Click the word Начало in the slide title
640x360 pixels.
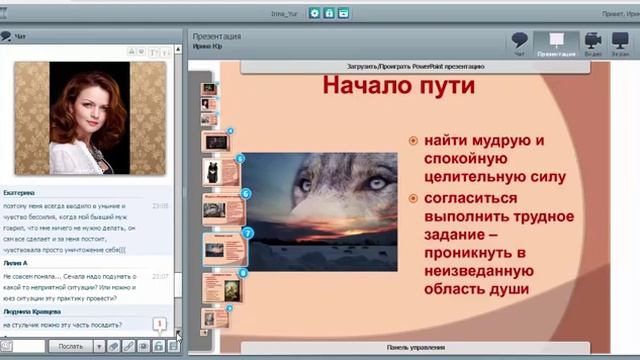[366, 86]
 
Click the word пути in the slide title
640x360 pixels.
[444, 86]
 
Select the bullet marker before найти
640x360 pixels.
[413, 141]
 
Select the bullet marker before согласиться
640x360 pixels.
[413, 199]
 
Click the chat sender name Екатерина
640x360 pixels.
[19, 193]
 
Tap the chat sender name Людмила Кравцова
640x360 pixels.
[32, 312]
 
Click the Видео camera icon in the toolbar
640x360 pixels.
[592, 41]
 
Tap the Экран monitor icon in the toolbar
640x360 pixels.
[622, 41]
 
